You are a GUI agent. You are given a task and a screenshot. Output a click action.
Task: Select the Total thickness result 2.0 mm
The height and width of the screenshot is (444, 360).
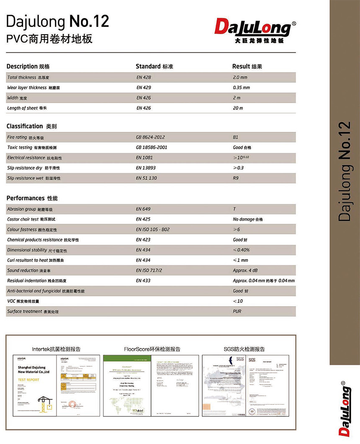tap(240, 77)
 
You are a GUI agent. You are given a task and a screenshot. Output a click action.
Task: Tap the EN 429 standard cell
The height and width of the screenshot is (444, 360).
tap(144, 88)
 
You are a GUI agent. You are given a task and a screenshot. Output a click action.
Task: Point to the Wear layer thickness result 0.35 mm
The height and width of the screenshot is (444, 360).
tap(241, 88)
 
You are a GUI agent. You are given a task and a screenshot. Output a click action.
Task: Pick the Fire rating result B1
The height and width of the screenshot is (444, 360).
tap(235, 137)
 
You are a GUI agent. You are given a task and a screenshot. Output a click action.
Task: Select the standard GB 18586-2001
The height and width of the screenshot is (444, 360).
tap(152, 147)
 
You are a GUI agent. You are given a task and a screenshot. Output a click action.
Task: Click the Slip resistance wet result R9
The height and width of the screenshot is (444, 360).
tap(236, 178)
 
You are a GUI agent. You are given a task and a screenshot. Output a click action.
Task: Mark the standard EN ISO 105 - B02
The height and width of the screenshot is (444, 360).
tap(153, 230)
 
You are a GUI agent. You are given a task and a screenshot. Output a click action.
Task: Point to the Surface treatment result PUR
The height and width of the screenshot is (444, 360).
tap(237, 311)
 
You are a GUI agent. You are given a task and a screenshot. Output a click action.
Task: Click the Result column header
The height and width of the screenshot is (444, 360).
tap(247, 67)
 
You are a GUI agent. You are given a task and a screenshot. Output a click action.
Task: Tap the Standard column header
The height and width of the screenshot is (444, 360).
tap(154, 67)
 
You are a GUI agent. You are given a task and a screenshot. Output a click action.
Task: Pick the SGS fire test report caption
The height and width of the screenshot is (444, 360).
tap(244, 349)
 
